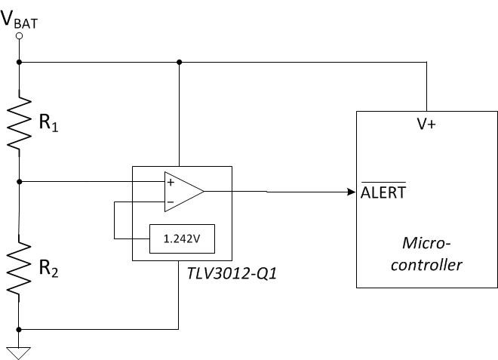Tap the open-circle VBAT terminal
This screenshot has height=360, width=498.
click(x=19, y=35)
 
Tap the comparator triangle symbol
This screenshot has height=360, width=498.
click(x=183, y=191)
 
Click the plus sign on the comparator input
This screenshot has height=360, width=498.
click(x=171, y=182)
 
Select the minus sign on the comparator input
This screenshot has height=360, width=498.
click(x=171, y=202)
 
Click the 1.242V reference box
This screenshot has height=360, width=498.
click(x=182, y=238)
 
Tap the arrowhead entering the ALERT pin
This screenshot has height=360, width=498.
click(x=352, y=192)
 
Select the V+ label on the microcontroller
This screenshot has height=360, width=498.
click(x=426, y=125)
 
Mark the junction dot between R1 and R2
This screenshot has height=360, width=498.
click(x=19, y=181)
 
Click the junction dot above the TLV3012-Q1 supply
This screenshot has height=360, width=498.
click(x=179, y=62)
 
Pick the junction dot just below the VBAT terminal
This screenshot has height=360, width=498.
click(x=19, y=62)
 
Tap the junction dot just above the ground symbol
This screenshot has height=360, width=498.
click(x=19, y=329)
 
